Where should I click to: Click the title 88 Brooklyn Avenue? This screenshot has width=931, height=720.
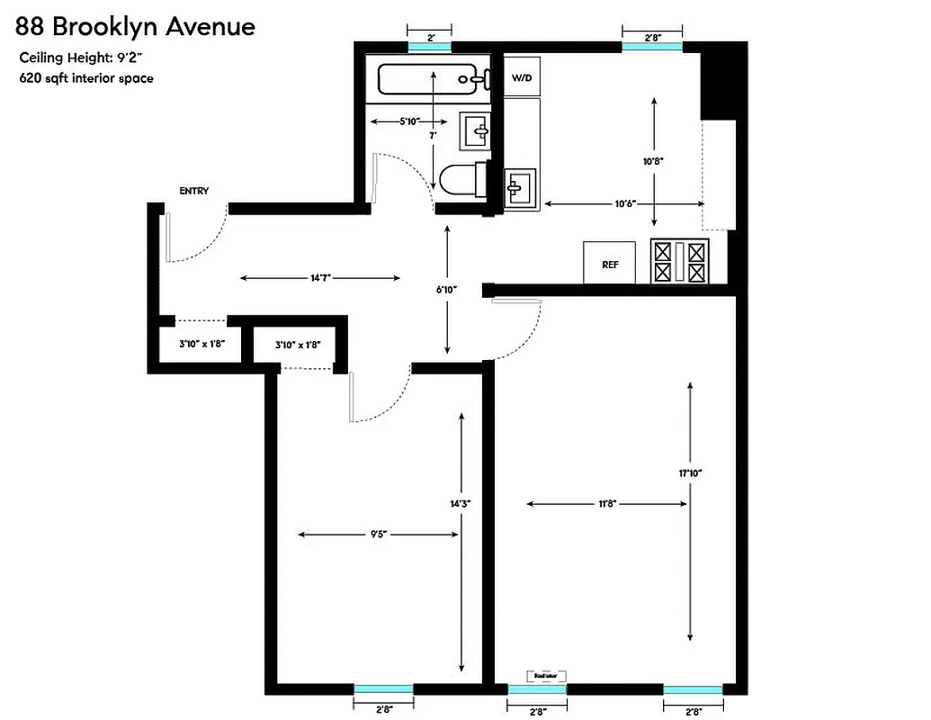click(x=135, y=26)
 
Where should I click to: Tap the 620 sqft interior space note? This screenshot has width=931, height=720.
click(x=86, y=78)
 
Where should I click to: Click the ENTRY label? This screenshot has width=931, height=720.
click(x=194, y=191)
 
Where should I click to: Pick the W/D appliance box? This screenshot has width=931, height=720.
click(x=522, y=78)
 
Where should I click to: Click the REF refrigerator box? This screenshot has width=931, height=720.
click(x=610, y=265)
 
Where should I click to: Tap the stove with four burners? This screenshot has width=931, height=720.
click(x=680, y=262)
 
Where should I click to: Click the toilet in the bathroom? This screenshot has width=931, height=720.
click(x=464, y=179)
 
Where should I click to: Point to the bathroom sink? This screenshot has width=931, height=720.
click(x=476, y=131)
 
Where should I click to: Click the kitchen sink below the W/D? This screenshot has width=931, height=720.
click(x=521, y=188)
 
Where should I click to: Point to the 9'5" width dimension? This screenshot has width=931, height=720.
click(x=379, y=534)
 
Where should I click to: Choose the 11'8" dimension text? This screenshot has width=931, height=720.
click(x=607, y=504)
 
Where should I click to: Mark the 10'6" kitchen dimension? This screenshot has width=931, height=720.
click(x=625, y=204)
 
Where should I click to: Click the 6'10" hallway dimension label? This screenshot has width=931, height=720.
click(x=447, y=290)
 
